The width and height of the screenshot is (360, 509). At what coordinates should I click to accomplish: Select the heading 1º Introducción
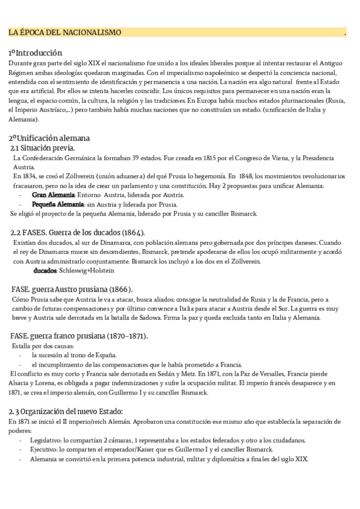tap(35, 53)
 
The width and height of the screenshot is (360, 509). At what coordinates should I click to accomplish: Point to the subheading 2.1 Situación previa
tap(43, 148)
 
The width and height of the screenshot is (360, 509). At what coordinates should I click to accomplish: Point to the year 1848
tap(246, 176)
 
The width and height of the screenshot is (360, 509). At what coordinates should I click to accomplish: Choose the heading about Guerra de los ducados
tap(77, 232)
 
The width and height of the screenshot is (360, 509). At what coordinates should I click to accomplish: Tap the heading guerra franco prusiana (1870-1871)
tap(79, 336)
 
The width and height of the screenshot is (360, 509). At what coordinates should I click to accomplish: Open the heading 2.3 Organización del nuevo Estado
tap(66, 411)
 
